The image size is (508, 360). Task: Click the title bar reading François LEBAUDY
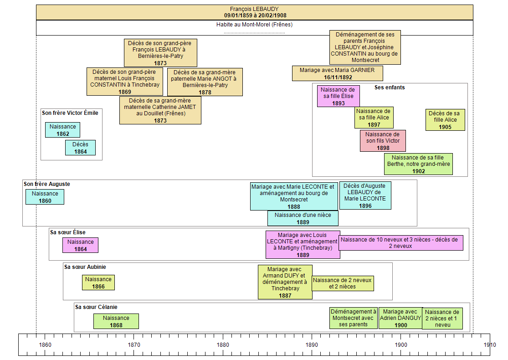254,12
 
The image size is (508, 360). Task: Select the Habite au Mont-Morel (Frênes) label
254,25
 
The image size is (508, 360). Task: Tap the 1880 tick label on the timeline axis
223,345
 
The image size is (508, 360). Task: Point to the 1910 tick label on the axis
490,345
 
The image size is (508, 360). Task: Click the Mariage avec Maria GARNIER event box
337,73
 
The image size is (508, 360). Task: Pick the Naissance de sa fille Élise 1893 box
338,96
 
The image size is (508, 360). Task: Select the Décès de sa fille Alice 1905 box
445,120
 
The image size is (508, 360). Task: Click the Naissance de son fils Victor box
383,141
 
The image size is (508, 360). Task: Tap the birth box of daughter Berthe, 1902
418,164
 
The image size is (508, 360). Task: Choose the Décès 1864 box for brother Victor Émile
80,148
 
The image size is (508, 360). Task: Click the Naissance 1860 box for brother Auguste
45,197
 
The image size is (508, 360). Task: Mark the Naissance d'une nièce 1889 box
303,218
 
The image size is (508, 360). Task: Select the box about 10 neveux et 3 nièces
401,243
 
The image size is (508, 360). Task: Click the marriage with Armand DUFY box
285,282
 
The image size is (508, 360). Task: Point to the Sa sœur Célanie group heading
96,307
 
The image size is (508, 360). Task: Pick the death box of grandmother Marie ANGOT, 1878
205,82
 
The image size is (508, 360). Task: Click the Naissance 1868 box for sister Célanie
116,321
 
